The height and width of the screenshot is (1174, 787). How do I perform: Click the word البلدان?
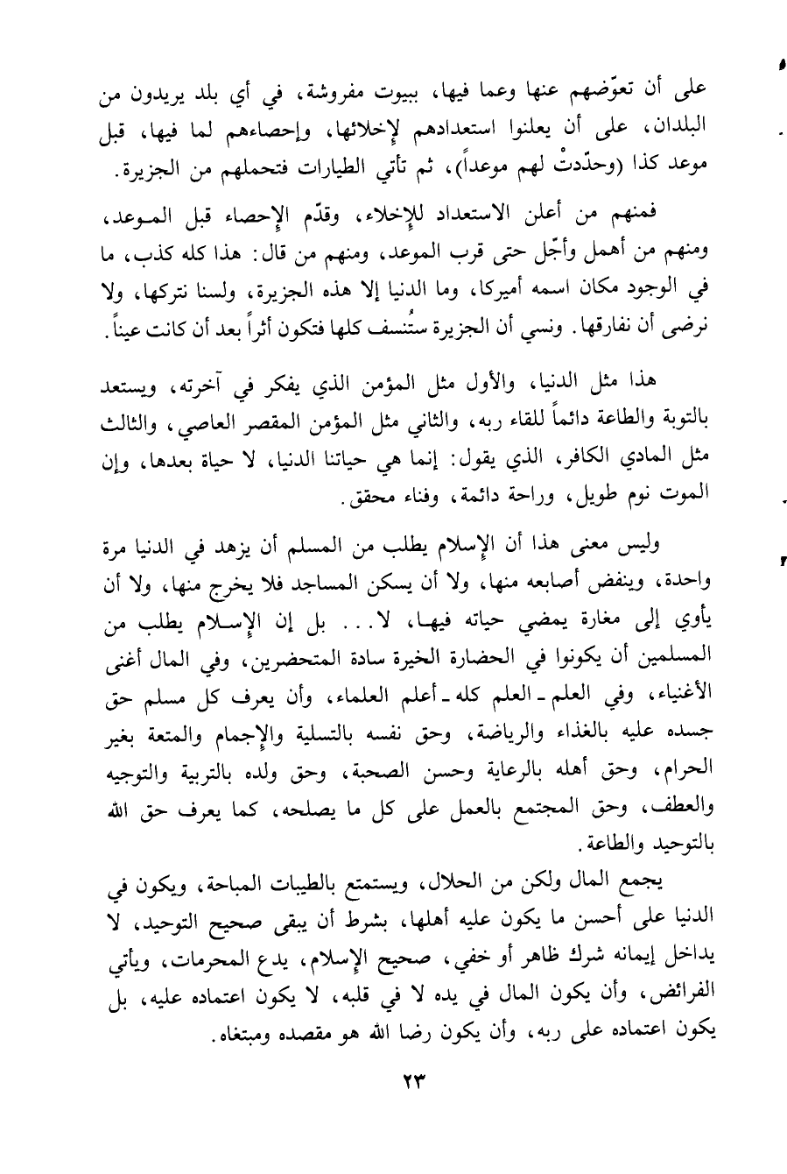click(x=683, y=129)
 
